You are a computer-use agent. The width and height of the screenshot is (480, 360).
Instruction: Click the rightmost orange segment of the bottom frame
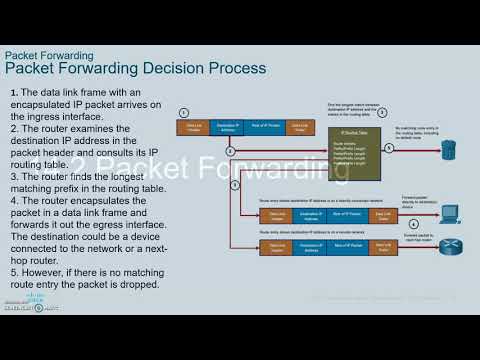(381, 247)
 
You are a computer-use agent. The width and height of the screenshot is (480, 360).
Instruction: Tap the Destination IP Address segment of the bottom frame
(309, 247)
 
